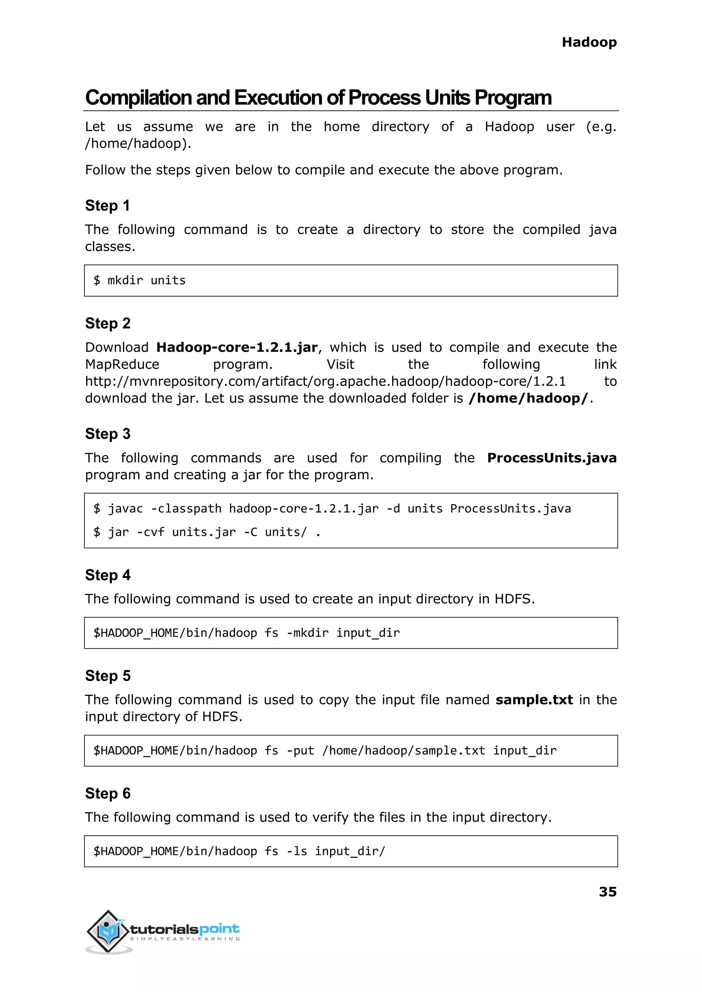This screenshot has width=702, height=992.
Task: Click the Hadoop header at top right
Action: pyautogui.click(x=589, y=43)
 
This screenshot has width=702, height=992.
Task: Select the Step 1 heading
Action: pyautogui.click(x=107, y=205)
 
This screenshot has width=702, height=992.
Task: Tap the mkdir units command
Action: pyautogui.click(x=139, y=280)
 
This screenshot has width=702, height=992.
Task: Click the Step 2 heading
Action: pyautogui.click(x=108, y=323)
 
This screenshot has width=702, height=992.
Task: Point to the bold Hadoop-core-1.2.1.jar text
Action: pyautogui.click(x=237, y=348)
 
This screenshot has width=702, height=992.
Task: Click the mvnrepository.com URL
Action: pyautogui.click(x=325, y=381)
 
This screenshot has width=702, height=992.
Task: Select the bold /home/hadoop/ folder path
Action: pyautogui.click(x=528, y=398)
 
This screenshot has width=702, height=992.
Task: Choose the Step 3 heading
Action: pyautogui.click(x=108, y=434)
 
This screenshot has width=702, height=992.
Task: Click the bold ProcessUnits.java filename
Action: pyautogui.click(x=551, y=458)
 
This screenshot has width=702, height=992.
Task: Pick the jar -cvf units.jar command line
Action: pyautogui.click(x=207, y=532)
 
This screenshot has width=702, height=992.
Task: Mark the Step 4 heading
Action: pyautogui.click(x=108, y=575)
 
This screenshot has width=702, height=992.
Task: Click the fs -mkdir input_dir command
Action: pyautogui.click(x=246, y=633)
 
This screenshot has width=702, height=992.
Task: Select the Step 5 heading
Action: pyautogui.click(x=108, y=676)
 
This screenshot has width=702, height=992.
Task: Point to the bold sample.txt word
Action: pyautogui.click(x=534, y=700)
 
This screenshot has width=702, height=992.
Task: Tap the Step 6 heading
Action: pyautogui.click(x=108, y=793)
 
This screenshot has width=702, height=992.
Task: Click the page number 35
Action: pyautogui.click(x=607, y=892)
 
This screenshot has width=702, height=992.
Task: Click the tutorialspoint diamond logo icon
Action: pyautogui.click(x=108, y=931)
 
